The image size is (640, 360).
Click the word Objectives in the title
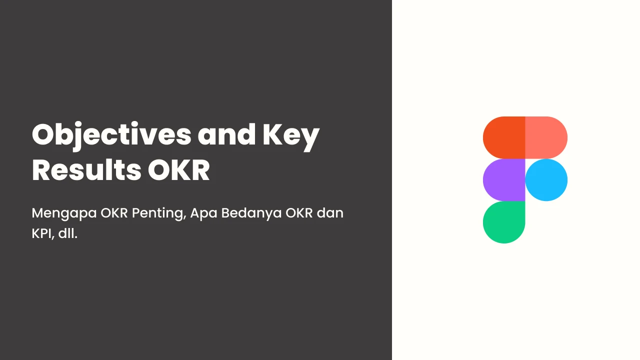111,136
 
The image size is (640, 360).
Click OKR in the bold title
179,170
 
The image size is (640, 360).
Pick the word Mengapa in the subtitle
64,213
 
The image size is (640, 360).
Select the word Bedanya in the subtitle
251,213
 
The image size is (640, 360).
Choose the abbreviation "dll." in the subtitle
67,233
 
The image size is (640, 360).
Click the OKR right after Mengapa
114,213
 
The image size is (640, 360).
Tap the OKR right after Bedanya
299,213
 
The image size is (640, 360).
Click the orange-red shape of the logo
504,137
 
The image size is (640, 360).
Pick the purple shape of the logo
504,180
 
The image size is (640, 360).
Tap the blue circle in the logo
546,180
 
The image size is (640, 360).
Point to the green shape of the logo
504,222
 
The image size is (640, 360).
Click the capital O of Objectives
45,134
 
